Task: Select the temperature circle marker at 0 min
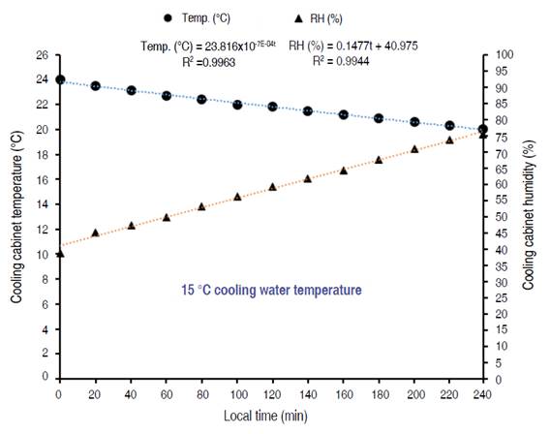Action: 60,79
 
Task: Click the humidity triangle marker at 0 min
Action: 60,253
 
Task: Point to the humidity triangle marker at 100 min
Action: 237,197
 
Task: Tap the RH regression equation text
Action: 354,45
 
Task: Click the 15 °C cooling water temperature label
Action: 272,290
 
